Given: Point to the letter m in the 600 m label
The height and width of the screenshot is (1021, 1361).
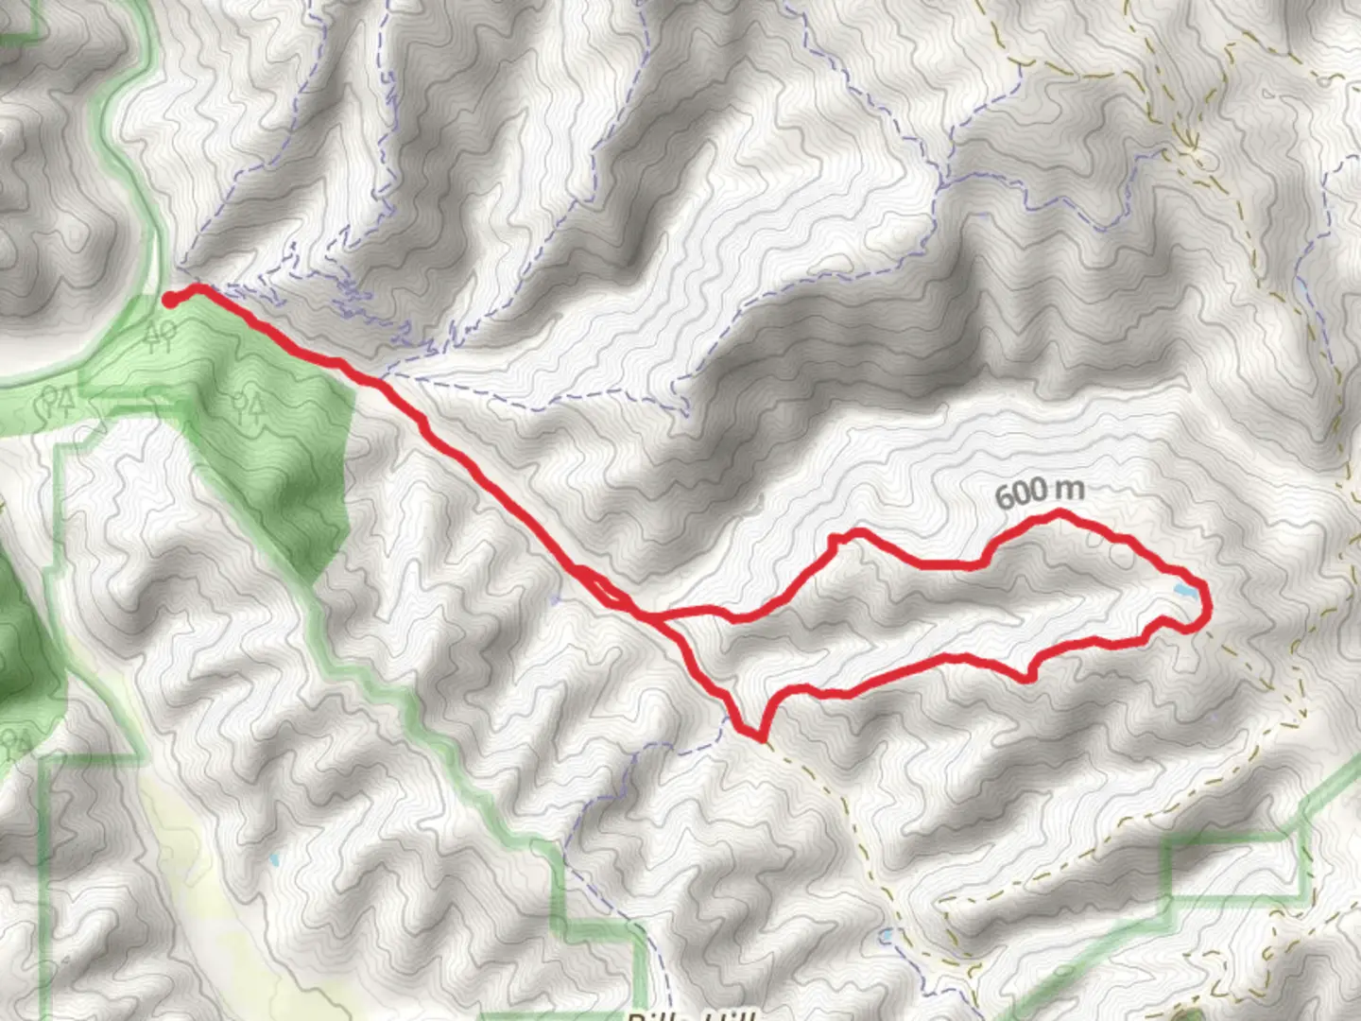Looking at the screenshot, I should (1070, 490).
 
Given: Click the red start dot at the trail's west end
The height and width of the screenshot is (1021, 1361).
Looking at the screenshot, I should (171, 301).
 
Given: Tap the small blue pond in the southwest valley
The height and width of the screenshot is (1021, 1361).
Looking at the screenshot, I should (275, 860).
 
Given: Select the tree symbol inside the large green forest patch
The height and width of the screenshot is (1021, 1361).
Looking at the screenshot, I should (248, 406).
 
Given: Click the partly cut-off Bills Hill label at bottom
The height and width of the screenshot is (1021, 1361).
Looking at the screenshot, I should (690, 1015).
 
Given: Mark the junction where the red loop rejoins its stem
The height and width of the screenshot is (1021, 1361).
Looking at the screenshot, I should (652, 617).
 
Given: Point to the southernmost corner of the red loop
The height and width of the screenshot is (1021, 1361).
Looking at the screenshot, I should (759, 735).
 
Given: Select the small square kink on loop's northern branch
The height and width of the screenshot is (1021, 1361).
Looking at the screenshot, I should (835, 540).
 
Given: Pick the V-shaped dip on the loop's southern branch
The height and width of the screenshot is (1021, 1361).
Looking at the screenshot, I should (1028, 677).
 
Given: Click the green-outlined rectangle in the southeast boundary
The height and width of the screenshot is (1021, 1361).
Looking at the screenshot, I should (1238, 865).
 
